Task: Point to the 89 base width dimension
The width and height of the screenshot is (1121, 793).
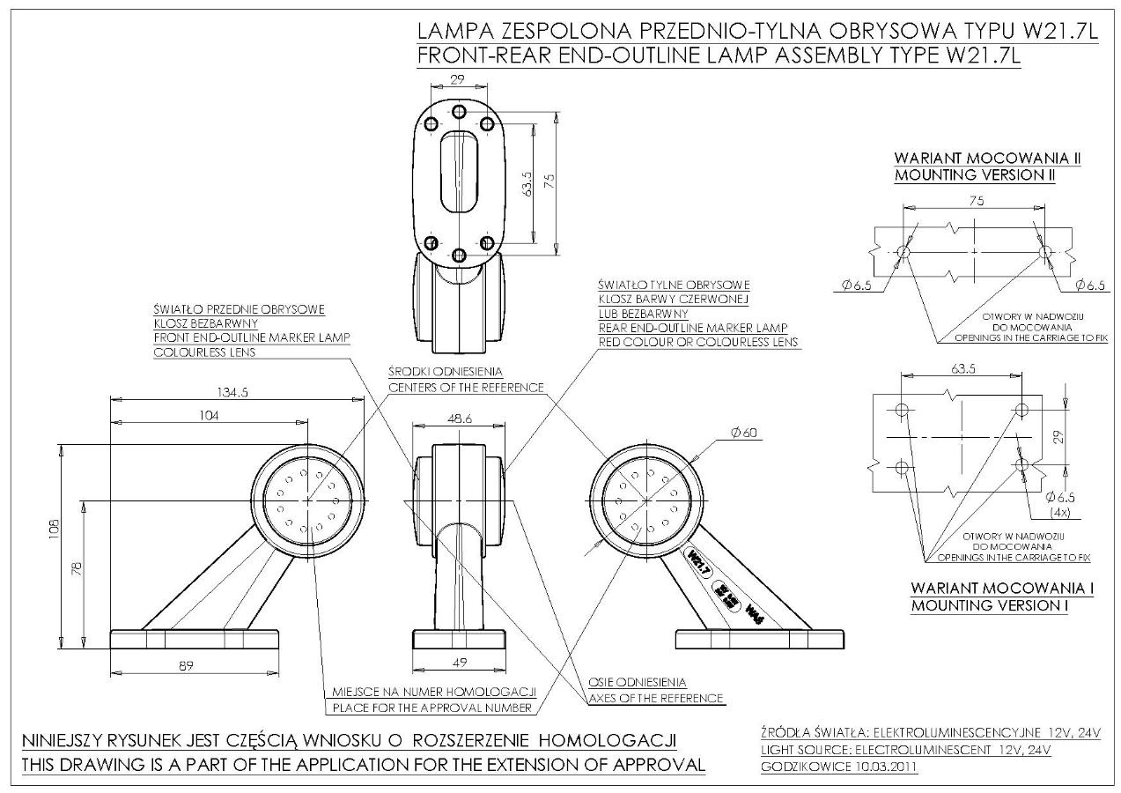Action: coord(186,665)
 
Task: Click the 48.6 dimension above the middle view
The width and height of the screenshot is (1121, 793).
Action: coord(459,419)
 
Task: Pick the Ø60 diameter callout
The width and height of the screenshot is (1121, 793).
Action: coord(743,432)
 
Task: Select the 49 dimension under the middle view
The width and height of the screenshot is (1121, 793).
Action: coord(458,662)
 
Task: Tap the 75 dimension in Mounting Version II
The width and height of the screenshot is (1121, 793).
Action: coord(976,201)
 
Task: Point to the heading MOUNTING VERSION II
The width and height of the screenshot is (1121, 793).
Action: coord(975,174)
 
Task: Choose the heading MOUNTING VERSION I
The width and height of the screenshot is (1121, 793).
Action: coord(1002,605)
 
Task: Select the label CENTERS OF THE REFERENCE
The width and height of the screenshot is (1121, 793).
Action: coord(466,388)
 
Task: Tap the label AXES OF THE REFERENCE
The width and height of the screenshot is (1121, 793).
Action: coord(656,698)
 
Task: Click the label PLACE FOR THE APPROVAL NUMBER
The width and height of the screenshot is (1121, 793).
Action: coord(431,708)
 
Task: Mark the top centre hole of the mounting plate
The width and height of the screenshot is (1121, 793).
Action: coord(458,112)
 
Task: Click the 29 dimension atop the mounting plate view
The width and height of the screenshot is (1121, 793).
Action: coord(457,79)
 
